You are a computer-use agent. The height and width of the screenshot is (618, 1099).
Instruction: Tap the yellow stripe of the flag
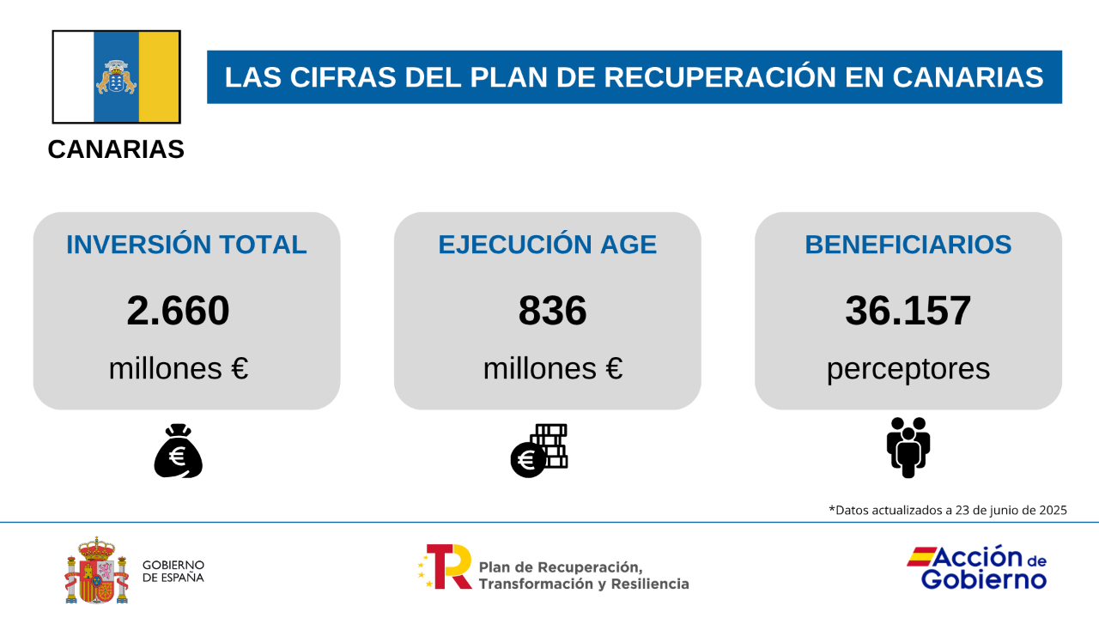pyautogui.click(x=159, y=77)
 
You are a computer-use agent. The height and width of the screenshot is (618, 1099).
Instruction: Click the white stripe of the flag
pyautogui.click(x=74, y=77)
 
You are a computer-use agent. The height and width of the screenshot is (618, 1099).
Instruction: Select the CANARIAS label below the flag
pyautogui.click(x=116, y=149)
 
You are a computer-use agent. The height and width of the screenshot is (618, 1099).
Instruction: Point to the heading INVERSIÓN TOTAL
pyautogui.click(x=186, y=245)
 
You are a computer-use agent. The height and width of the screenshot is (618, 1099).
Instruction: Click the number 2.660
pyautogui.click(x=178, y=311)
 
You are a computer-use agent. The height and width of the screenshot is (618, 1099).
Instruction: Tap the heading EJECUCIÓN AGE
pyautogui.click(x=547, y=245)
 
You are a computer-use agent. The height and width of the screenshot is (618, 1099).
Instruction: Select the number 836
pyautogui.click(x=552, y=311)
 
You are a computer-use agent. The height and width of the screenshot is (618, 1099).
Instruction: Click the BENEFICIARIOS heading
pyautogui.click(x=908, y=245)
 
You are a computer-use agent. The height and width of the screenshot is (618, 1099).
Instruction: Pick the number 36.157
pyautogui.click(x=908, y=311)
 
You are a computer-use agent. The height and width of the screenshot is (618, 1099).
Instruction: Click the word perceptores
pyautogui.click(x=908, y=369)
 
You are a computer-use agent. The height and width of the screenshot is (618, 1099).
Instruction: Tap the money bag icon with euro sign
pyautogui.click(x=178, y=451)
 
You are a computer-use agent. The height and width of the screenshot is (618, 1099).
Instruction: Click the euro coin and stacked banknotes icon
pyautogui.click(x=539, y=451)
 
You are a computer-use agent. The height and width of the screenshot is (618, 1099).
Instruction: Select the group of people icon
pyautogui.click(x=908, y=447)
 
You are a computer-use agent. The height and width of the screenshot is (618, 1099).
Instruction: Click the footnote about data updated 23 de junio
pyautogui.click(x=947, y=510)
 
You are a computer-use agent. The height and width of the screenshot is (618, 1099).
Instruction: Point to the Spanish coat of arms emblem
pyautogui.click(x=90, y=571)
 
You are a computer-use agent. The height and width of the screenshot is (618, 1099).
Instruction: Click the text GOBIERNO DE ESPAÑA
pyautogui.click(x=173, y=571)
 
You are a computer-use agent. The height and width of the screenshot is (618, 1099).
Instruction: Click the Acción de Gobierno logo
pyautogui.click(x=977, y=568)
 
